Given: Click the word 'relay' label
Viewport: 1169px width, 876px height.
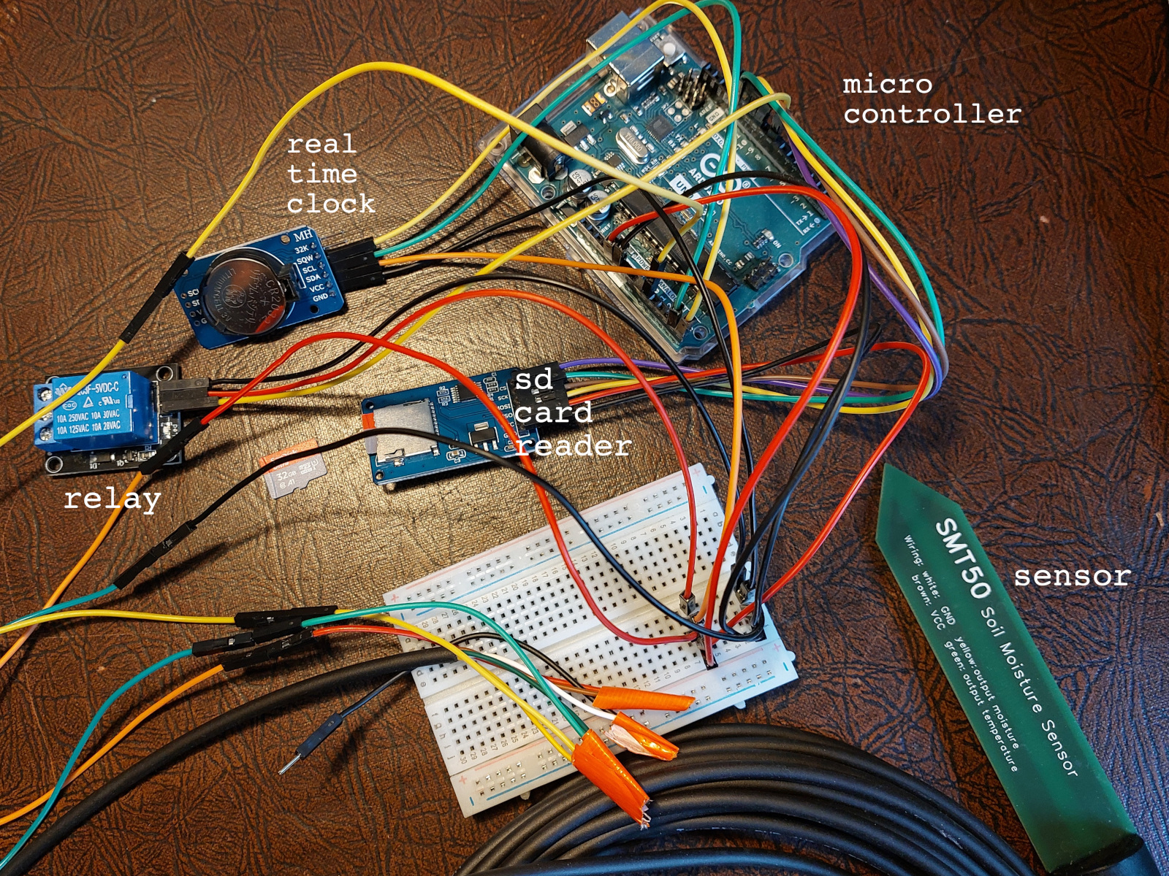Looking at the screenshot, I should pyautogui.click(x=112, y=500).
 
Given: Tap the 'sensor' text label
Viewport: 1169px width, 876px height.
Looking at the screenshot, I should pyautogui.click(x=1072, y=577).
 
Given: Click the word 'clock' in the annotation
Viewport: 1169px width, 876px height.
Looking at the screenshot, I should pyautogui.click(x=330, y=204).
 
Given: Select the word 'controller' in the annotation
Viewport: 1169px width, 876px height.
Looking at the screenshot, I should pyautogui.click(x=932, y=114).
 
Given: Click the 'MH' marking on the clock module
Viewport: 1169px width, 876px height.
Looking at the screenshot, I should pyautogui.click(x=302, y=237).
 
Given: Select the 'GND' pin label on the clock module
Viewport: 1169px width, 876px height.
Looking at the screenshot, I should pyautogui.click(x=320, y=298).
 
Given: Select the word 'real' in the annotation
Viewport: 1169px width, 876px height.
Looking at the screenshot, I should pyautogui.click(x=321, y=145).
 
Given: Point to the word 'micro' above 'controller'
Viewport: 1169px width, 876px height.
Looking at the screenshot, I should pyautogui.click(x=887, y=85).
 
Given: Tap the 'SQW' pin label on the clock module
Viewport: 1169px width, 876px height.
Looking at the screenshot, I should pyautogui.click(x=304, y=258).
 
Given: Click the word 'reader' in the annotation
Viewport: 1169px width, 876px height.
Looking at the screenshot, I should pyautogui.click(x=574, y=446).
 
